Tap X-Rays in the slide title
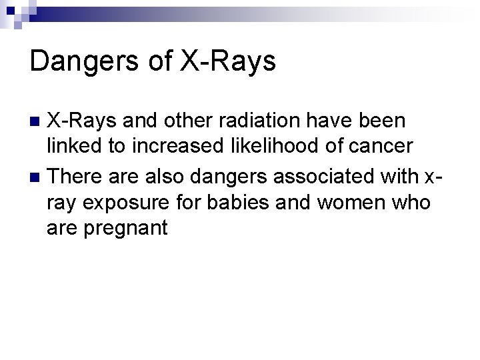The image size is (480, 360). click(x=227, y=61)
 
